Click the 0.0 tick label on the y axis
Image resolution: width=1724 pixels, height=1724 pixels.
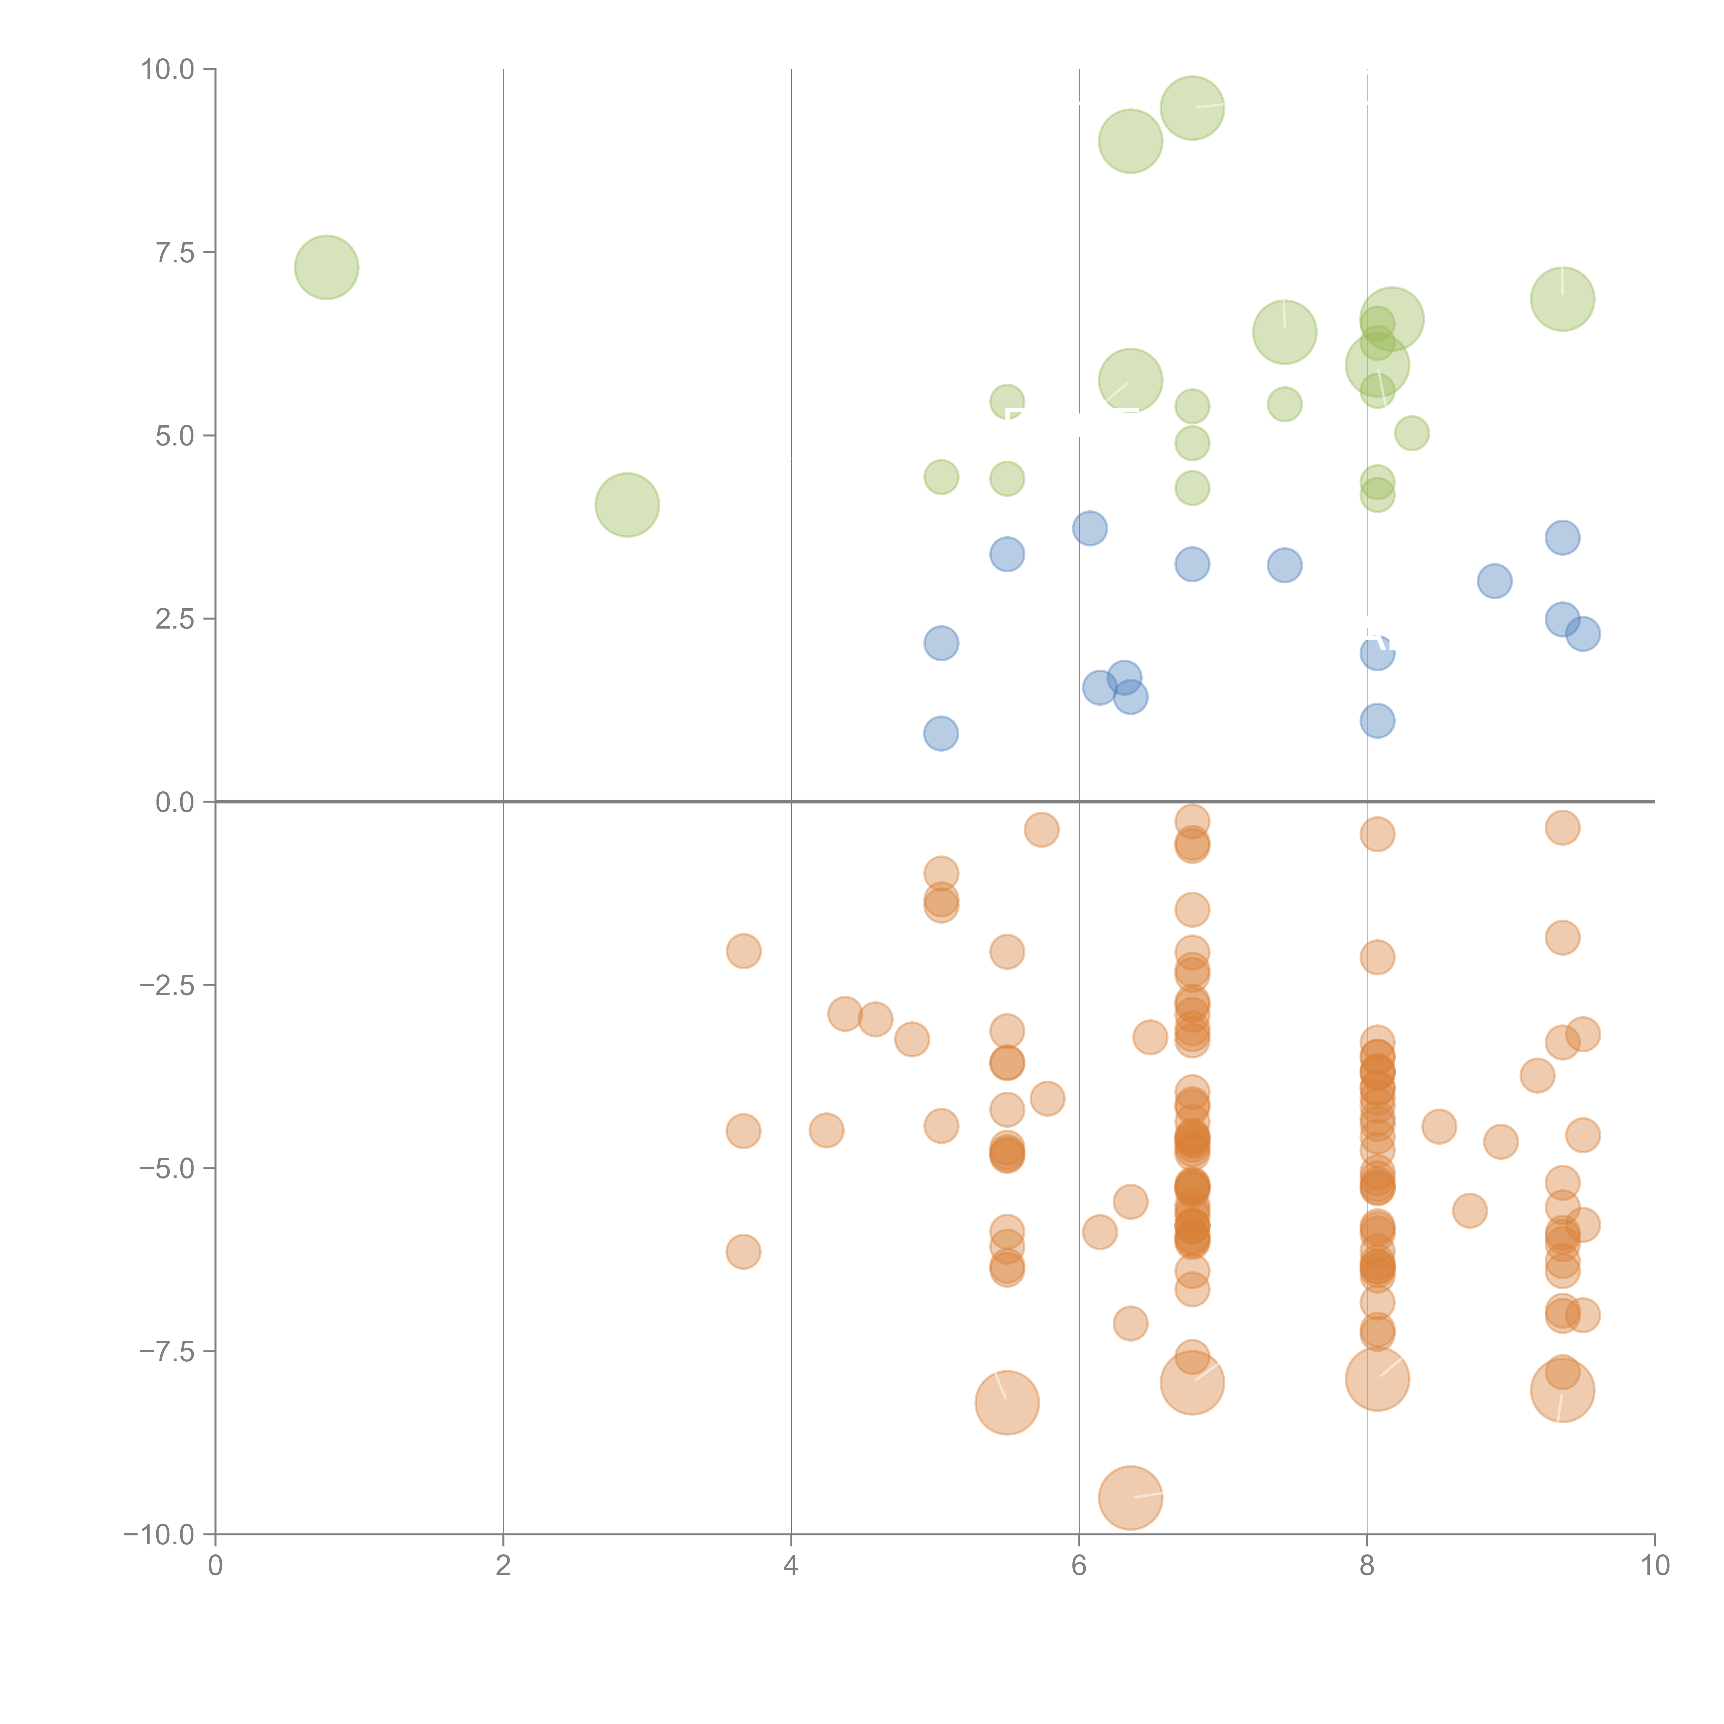pos(175,802)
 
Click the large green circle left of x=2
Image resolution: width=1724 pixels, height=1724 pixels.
pos(327,268)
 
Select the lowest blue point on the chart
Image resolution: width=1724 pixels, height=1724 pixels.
pos(941,733)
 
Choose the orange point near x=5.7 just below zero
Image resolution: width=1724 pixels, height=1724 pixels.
pos(1041,830)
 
